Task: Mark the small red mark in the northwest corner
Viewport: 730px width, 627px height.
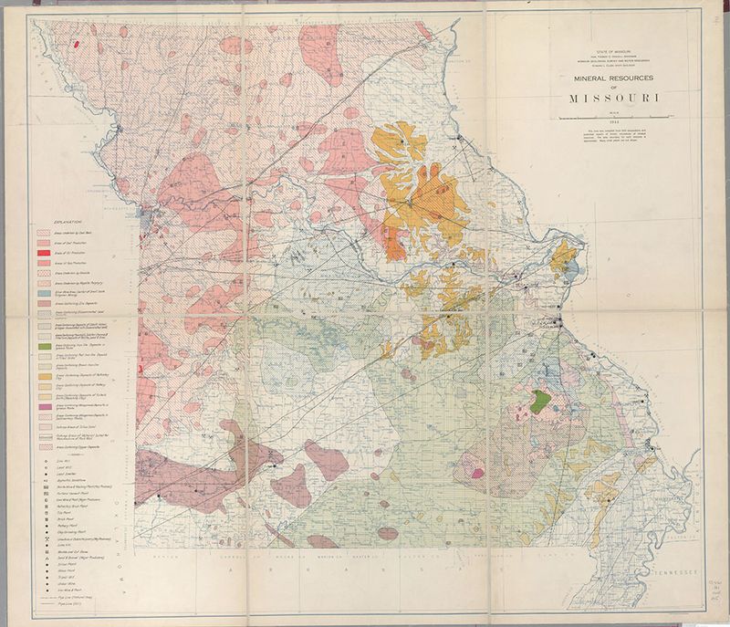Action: pos(78,42)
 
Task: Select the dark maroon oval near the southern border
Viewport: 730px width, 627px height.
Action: pos(387,533)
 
